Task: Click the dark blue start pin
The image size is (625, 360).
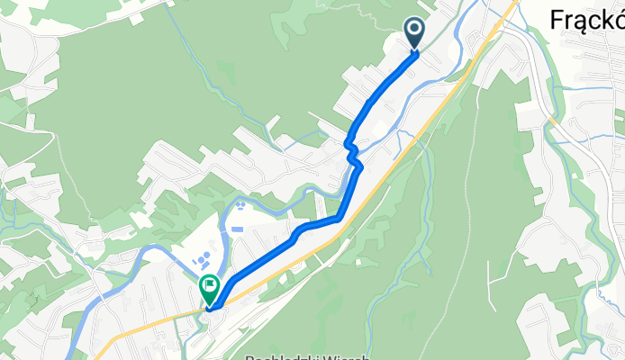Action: pos(415,32)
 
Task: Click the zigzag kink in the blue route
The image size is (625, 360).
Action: pos(354,155)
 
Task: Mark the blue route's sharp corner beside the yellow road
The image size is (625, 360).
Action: pos(340,217)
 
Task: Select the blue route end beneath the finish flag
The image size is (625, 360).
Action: pos(210,308)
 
